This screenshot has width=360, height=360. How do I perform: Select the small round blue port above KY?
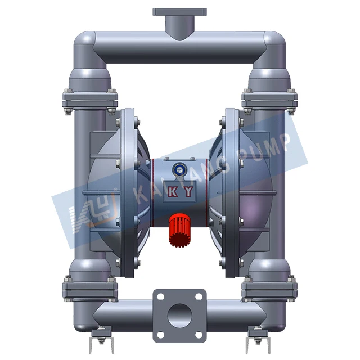pyautogui.click(x=180, y=166)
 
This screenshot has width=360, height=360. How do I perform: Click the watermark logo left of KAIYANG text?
pyautogui.click(x=85, y=217)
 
